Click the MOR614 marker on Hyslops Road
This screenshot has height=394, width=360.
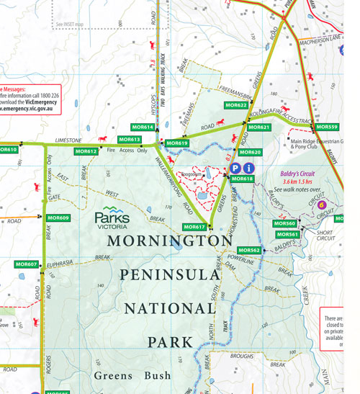tap(143, 127)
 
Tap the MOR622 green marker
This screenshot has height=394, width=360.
tap(236, 105)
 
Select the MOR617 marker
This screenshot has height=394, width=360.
tap(194, 227)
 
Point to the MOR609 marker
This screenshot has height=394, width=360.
tap(58, 218)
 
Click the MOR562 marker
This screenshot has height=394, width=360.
tap(249, 250)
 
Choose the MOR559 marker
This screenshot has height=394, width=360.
tap(327, 127)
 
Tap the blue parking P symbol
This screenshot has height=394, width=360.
tap(235, 168)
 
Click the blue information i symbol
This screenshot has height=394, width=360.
tap(248, 168)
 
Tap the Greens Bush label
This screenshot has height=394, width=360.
tap(132, 375)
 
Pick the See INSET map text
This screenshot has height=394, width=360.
tap(69, 24)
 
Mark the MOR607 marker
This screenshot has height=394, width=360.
tap(27, 264)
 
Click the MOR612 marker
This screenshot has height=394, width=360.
tap(86, 151)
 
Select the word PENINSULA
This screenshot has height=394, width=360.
tap(168, 275)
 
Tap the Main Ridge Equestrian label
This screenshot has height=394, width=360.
tap(318, 141)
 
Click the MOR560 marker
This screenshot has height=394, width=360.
tap(286, 223)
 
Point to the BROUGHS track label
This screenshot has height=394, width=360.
tap(242, 357)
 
